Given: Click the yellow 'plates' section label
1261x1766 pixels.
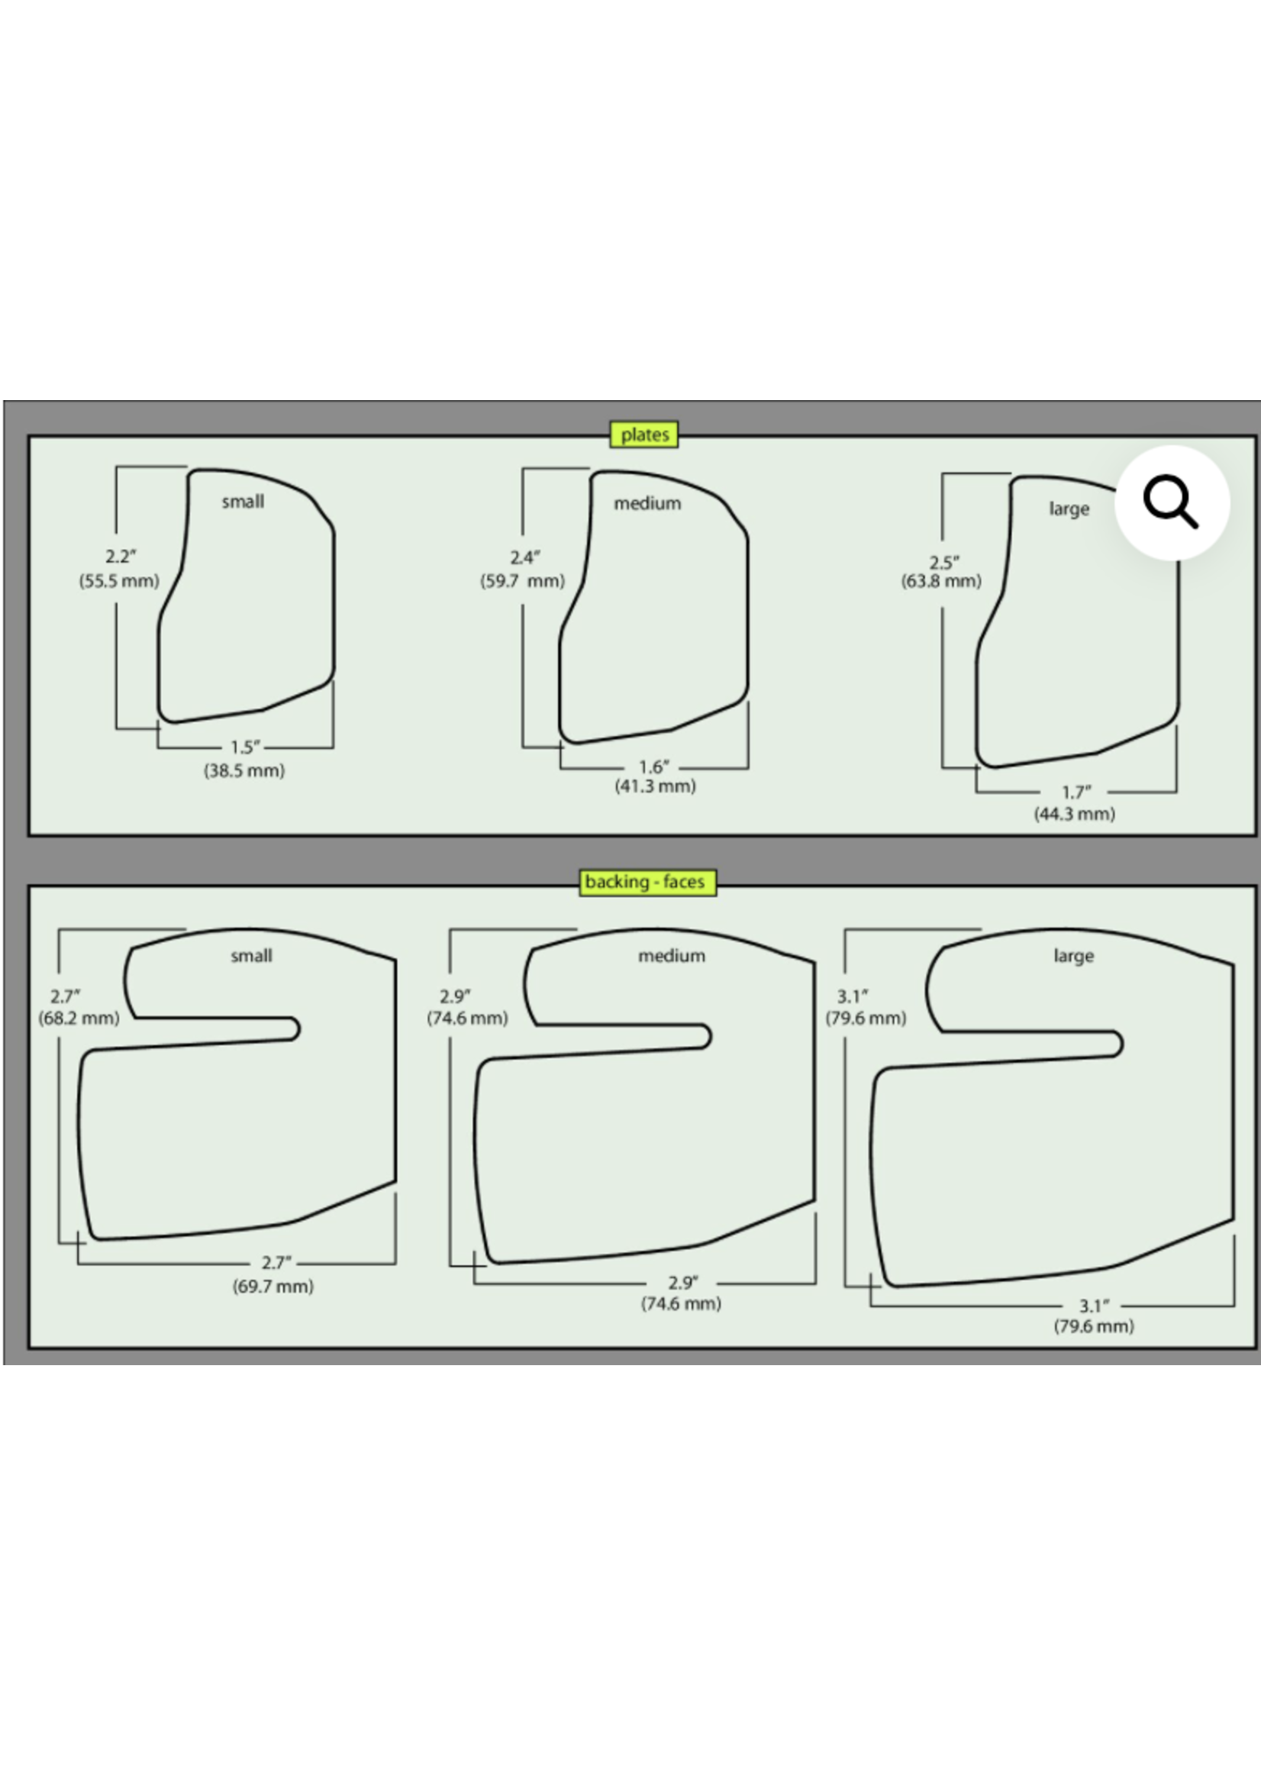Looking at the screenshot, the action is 643,434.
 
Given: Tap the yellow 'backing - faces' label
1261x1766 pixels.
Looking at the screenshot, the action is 647,881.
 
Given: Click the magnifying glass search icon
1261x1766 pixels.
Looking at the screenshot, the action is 1172,503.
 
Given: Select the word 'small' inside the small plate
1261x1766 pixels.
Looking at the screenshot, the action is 243,502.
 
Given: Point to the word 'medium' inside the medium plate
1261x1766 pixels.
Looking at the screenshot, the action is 647,503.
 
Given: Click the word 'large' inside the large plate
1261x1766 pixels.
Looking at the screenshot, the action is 1069,509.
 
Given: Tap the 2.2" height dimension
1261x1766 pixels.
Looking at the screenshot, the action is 121,557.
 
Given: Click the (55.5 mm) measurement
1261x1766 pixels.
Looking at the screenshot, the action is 119,581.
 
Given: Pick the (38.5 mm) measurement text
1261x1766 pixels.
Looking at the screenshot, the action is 244,770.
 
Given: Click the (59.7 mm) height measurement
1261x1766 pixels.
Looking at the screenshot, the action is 523,581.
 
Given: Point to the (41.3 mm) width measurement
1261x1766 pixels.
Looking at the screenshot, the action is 656,786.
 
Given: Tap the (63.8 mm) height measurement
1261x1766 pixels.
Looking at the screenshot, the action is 941,581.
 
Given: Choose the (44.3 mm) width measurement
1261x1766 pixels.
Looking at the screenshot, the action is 1075,814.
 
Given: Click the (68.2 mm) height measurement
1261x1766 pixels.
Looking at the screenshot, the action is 79,1018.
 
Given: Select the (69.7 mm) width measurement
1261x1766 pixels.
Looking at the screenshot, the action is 273,1286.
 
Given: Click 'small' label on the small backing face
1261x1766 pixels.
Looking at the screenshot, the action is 252,956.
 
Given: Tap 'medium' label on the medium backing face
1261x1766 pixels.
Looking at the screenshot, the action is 672,956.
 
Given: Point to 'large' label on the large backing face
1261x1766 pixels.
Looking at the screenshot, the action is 1074,957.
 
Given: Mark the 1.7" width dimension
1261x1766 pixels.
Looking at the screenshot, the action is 1076,792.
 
